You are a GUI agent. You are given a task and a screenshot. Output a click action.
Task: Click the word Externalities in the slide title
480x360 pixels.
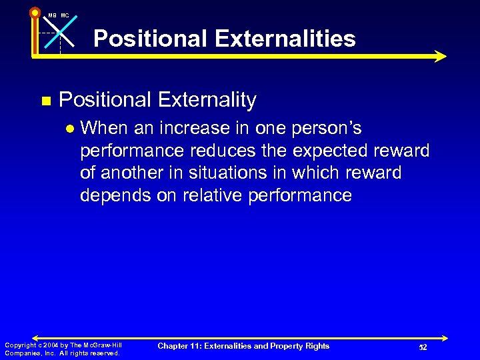coord(290,39)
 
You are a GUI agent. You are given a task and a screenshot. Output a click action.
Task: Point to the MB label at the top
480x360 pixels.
coord(52,15)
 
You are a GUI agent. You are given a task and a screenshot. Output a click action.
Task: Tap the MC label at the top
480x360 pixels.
coord(65,15)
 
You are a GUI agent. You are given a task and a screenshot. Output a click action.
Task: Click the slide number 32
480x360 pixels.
coord(423,347)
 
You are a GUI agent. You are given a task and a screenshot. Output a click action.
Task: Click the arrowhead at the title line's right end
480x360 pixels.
coord(439,57)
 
